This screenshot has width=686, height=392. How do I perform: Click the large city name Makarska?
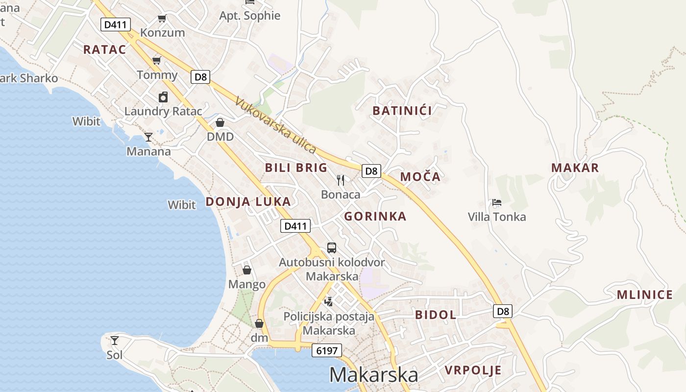click(373, 375)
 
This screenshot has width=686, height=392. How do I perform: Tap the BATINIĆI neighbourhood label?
click(402, 111)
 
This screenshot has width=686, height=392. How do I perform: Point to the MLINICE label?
click(644, 295)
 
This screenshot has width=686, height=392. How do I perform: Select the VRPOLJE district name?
click(473, 370)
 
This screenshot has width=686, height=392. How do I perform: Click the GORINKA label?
click(375, 217)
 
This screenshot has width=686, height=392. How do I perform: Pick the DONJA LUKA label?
click(248, 202)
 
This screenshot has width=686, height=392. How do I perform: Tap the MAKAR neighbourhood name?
click(575, 168)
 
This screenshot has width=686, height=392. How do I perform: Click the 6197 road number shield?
click(327, 350)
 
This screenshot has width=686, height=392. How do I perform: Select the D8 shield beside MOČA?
click(371, 171)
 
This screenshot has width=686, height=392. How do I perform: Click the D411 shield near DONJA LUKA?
click(296, 226)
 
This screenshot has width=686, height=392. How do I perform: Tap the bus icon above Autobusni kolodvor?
click(332, 247)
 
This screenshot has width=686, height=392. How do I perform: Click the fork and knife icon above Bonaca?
click(341, 180)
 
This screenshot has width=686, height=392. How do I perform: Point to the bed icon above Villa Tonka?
click(496, 202)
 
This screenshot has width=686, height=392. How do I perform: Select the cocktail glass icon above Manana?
click(148, 137)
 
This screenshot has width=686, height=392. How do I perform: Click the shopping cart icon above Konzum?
click(162, 19)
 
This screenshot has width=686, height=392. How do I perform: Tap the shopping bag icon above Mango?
click(247, 270)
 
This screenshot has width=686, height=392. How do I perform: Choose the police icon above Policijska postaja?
click(329, 301)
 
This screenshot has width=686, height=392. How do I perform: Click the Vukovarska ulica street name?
click(276, 125)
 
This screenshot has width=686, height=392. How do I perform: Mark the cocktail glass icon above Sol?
click(115, 340)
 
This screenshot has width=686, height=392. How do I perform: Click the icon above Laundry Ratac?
click(163, 97)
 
